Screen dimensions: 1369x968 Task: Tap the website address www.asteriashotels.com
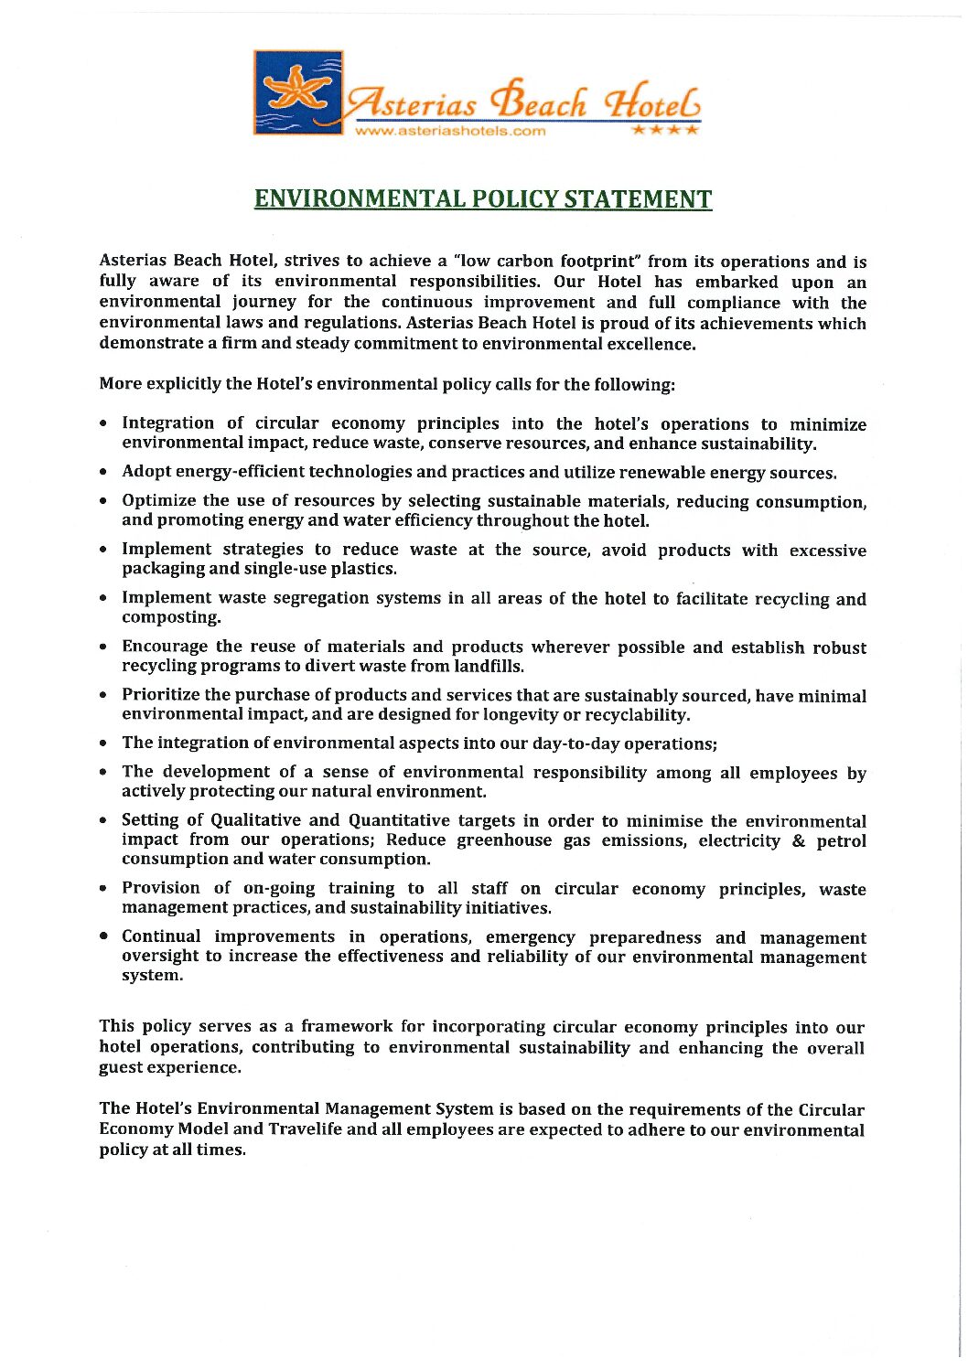click(450, 131)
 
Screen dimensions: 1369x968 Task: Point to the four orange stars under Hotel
click(665, 130)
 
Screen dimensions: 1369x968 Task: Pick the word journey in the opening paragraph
click(264, 303)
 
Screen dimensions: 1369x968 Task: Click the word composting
click(171, 617)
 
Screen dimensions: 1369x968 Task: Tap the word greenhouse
click(504, 840)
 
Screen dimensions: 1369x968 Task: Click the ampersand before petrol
click(799, 840)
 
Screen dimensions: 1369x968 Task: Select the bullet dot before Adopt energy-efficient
click(106, 473)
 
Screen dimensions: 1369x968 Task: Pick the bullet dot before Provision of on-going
click(106, 888)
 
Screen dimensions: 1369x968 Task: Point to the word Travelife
click(305, 1129)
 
